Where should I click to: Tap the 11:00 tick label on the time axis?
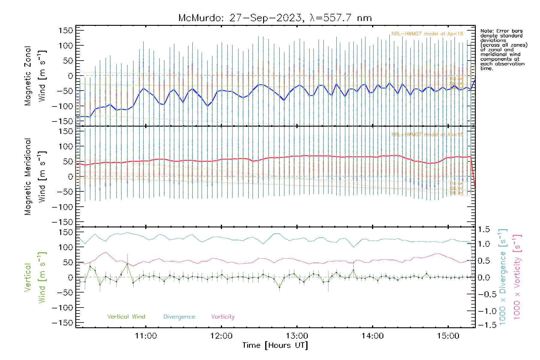146,336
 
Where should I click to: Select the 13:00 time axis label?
297,336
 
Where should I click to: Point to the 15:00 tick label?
448,336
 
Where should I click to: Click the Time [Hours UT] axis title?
275,346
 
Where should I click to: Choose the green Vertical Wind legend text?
126,316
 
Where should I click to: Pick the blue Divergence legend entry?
179,316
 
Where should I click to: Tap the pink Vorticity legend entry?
223,316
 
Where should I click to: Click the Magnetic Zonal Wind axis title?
35,76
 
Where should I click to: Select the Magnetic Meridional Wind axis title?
35,177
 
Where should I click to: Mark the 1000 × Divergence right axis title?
503,277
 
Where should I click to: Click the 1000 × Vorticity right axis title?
517,277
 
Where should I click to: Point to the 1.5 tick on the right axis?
484,230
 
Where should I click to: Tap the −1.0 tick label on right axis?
484,311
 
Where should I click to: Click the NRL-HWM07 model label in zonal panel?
427,34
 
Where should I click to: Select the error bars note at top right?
503,49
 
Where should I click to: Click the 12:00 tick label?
221,336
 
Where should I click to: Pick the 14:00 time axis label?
373,336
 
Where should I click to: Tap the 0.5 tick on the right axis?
484,261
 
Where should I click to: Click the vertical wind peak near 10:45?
127,264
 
